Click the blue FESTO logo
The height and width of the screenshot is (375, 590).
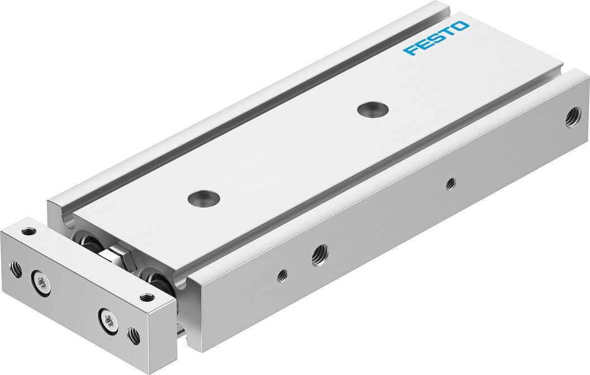[x=436, y=39]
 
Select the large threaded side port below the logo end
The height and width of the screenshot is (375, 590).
[x=572, y=118]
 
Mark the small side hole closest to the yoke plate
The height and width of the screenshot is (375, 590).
[x=282, y=275]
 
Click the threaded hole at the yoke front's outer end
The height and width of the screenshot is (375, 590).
[x=17, y=270]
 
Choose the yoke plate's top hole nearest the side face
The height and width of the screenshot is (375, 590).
[x=147, y=297]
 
